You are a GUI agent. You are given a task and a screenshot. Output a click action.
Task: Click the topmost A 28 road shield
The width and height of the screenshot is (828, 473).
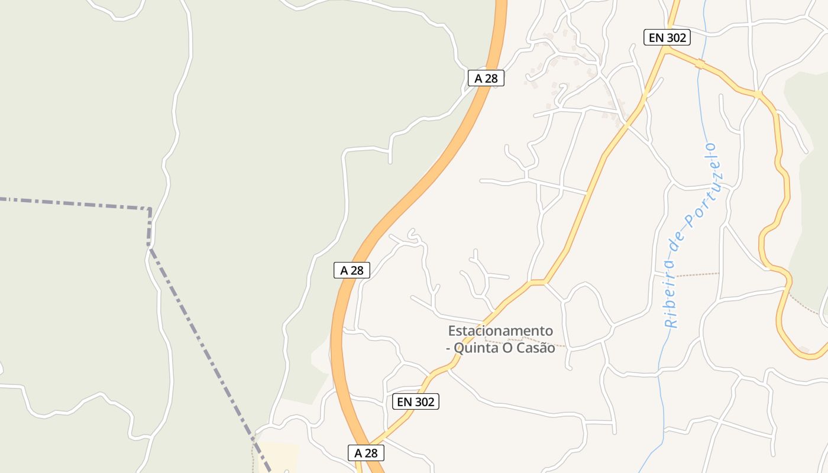(x=486, y=78)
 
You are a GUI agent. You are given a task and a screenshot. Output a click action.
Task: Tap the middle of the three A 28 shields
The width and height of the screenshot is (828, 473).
(x=351, y=270)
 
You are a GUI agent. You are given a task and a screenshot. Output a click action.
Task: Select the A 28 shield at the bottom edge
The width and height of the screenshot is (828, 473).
(x=366, y=453)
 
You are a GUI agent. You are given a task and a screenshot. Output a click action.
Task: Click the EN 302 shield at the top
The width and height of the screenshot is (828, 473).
(x=667, y=37)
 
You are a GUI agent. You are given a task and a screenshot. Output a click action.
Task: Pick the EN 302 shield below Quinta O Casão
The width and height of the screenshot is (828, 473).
(x=416, y=402)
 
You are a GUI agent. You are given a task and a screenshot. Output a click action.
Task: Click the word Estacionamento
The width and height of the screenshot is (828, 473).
(x=500, y=331)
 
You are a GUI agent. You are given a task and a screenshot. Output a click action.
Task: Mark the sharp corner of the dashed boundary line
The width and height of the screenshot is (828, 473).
(x=150, y=209)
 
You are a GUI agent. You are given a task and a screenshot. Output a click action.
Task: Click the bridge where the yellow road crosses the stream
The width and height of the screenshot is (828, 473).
(x=700, y=63)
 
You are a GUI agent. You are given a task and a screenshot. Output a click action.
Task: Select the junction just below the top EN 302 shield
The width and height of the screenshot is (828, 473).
(x=667, y=51)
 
